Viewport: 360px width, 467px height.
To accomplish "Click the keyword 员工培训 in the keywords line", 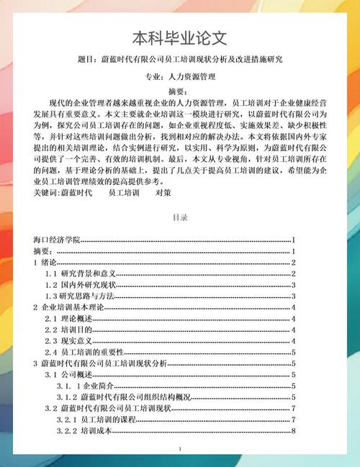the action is point(124,193).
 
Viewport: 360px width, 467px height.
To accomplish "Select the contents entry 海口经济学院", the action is point(57,239).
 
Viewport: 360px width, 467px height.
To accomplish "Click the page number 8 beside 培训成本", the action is point(294,430).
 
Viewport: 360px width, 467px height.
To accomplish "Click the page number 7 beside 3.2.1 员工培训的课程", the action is point(294,419).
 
